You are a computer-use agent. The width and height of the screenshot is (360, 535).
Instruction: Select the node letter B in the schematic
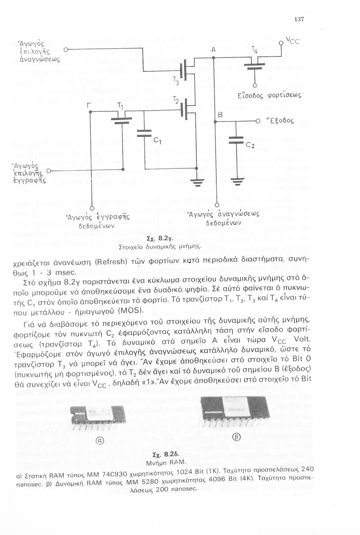[220, 115]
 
